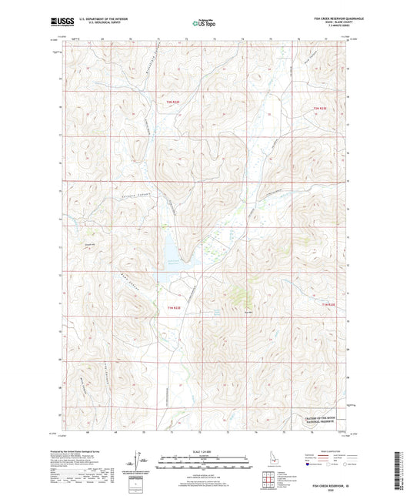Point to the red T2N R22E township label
click(173, 101)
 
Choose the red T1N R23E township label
click(328, 307)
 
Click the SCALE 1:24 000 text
click(204, 451)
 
